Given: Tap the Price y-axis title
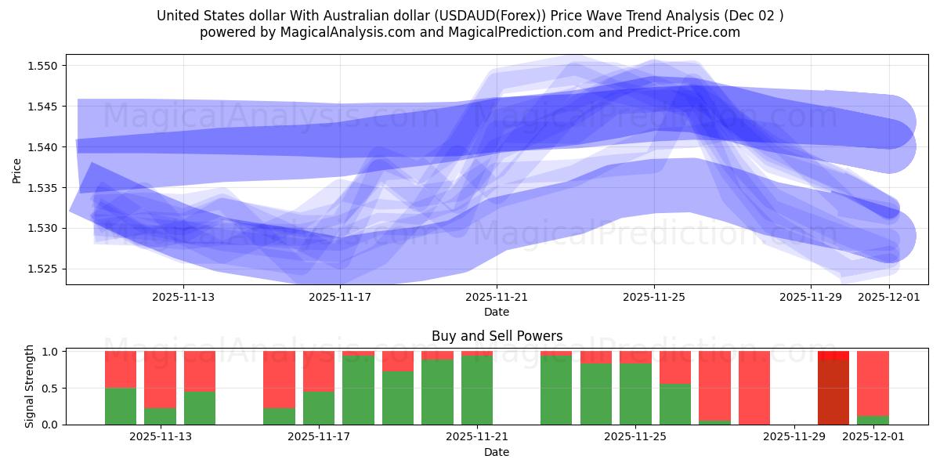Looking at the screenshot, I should tap(17, 170).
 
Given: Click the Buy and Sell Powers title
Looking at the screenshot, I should tap(497, 336).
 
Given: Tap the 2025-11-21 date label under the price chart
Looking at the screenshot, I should tap(497, 297).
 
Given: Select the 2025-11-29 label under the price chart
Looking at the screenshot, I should tap(811, 297).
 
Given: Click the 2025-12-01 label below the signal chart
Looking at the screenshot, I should tap(873, 437).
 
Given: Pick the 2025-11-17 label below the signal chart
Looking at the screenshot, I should tap(319, 437).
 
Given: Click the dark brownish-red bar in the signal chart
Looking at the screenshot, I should tap(833, 392).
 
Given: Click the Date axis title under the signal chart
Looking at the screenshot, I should tap(497, 452).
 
